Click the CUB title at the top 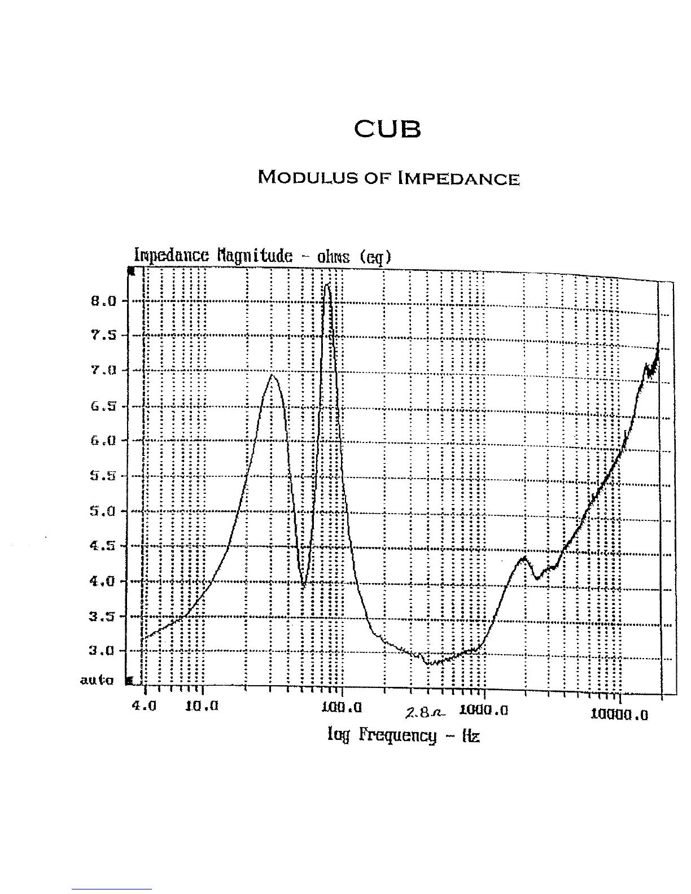tap(387, 130)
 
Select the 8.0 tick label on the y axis tap(103, 301)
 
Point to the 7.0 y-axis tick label tap(103, 371)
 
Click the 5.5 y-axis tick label tap(103, 476)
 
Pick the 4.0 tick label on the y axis tap(103, 581)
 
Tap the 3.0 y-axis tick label tap(103, 651)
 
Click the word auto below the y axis tap(97, 680)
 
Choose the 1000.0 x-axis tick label tap(484, 709)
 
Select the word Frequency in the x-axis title tap(398, 735)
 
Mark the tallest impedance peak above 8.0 tap(327, 285)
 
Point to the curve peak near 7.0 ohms tap(272, 375)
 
